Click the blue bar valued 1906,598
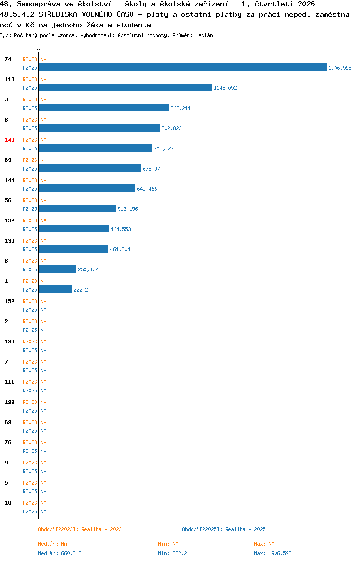(183, 67)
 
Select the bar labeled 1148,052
(126, 87)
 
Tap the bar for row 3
(104, 108)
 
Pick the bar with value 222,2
(56, 289)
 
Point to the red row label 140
(10, 140)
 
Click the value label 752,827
(164, 148)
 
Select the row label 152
(10, 301)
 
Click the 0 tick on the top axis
(39, 49)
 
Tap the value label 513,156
(128, 209)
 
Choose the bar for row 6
(58, 269)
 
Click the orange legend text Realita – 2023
(101, 529)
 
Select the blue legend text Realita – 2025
(245, 529)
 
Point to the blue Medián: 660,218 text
(60, 553)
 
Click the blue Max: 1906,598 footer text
(273, 553)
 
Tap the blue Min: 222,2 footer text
(172, 553)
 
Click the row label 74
(8, 59)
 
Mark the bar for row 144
(87, 188)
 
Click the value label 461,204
(120, 249)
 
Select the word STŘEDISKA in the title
(58, 14)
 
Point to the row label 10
(8, 503)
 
